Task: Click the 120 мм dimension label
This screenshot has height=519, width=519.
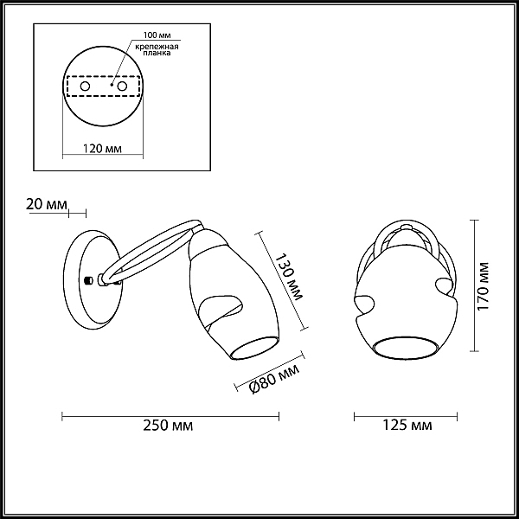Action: pyautogui.click(x=102, y=149)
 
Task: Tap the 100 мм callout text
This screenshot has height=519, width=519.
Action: pyautogui.click(x=157, y=35)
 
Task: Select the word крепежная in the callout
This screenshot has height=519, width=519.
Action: pyautogui.click(x=157, y=47)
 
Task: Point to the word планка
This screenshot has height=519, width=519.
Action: pyautogui.click(x=157, y=53)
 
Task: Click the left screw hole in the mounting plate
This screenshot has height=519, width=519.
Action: pyautogui.click(x=85, y=86)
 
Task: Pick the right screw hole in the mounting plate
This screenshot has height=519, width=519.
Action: pyautogui.click(x=122, y=86)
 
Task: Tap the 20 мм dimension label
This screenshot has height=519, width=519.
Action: pyautogui.click(x=47, y=204)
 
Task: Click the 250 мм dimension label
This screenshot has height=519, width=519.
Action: pyautogui.click(x=168, y=426)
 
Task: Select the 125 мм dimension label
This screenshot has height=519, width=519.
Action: pyautogui.click(x=407, y=425)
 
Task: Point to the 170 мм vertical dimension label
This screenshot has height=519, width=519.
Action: pyautogui.click(x=484, y=286)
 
